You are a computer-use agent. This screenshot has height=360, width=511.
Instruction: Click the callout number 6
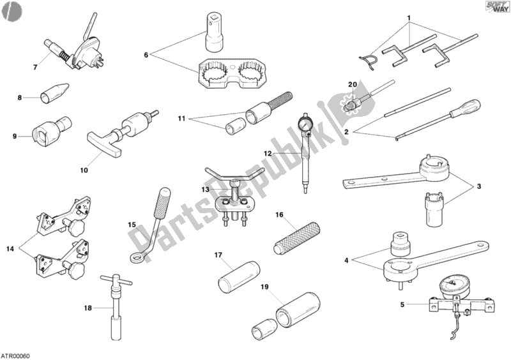pos(146,56)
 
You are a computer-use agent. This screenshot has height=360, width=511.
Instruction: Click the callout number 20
pos(351,85)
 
